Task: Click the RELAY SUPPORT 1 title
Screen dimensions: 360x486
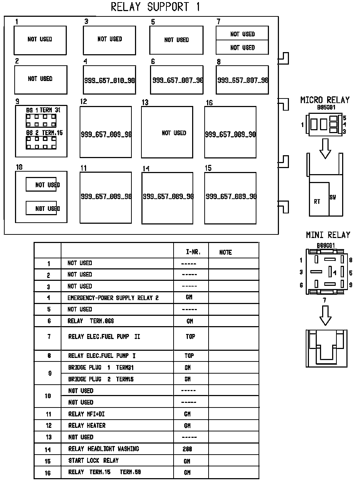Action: click(x=155, y=7)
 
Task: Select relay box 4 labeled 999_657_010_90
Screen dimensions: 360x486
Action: click(x=109, y=80)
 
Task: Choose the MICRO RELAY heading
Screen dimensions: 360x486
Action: click(x=325, y=100)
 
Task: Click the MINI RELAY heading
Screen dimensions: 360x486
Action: click(x=328, y=235)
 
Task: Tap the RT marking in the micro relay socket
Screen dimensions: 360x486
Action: click(x=317, y=202)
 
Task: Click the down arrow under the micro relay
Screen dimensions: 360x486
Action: click(x=325, y=148)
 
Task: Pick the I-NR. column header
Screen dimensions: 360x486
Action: click(x=193, y=252)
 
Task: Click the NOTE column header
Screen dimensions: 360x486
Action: click(x=225, y=252)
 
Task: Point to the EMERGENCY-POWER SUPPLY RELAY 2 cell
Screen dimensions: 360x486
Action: click(x=113, y=298)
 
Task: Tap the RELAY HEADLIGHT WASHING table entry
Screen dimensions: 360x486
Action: click(x=104, y=449)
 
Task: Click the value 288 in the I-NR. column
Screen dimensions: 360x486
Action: click(x=187, y=449)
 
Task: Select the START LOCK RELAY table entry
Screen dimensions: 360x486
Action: click(x=94, y=460)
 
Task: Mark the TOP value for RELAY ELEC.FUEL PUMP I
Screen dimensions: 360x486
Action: click(x=189, y=355)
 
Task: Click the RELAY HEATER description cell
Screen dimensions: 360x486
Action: click(x=87, y=425)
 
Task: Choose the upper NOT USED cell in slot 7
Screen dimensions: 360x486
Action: click(x=242, y=34)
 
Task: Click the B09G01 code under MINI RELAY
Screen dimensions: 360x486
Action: click(x=326, y=245)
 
